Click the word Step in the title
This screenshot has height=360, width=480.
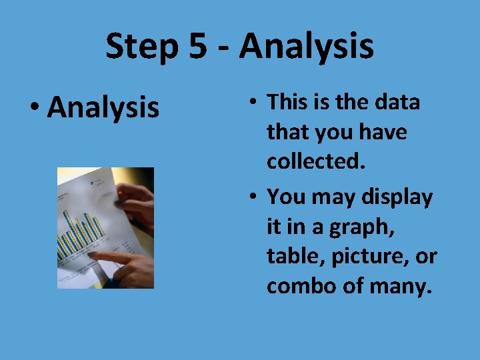(141, 47)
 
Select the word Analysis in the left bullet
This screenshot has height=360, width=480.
(103, 107)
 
